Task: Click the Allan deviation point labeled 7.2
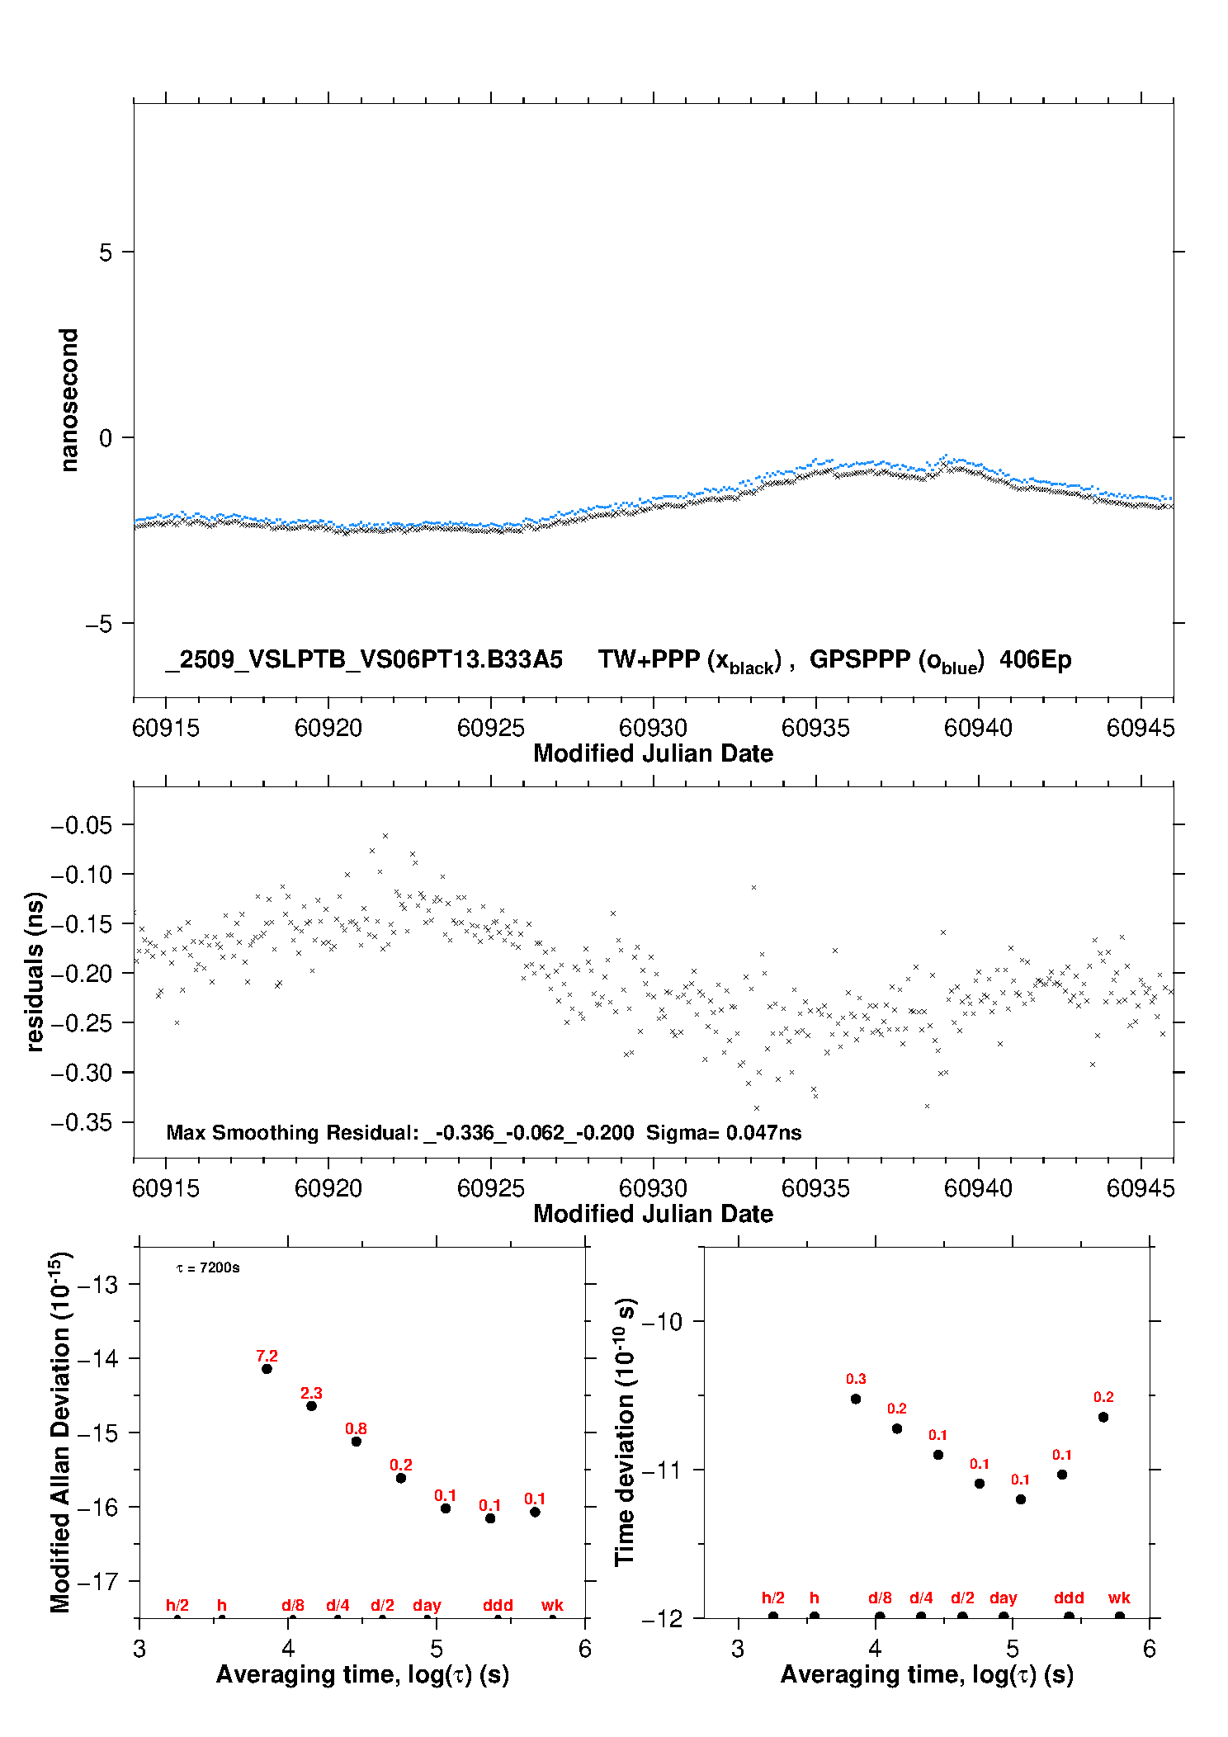pyautogui.click(x=267, y=1369)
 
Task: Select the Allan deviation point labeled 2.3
pyautogui.click(x=311, y=1405)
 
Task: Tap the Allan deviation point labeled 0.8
pyautogui.click(x=357, y=1442)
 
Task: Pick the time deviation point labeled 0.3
pyautogui.click(x=856, y=1399)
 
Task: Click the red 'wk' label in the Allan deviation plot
pyautogui.click(x=552, y=1605)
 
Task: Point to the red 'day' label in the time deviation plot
pyautogui.click(x=1004, y=1598)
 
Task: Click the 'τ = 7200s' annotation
pyautogui.click(x=208, y=1267)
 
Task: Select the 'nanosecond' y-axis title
pyautogui.click(x=68, y=400)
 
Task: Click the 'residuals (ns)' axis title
pyautogui.click(x=34, y=971)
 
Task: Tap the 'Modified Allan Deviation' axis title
pyautogui.click(x=60, y=1432)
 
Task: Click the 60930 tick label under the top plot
pyautogui.click(x=653, y=728)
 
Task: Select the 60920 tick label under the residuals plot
pyautogui.click(x=328, y=1188)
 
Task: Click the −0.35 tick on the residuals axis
pyautogui.click(x=81, y=1122)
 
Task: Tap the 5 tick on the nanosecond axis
pyautogui.click(x=106, y=252)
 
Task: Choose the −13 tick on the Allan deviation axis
pyautogui.click(x=98, y=1284)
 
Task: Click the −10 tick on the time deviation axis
pyautogui.click(x=662, y=1321)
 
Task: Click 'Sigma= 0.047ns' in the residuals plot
pyautogui.click(x=724, y=1132)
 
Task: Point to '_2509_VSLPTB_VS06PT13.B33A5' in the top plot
pyautogui.click(x=364, y=660)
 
